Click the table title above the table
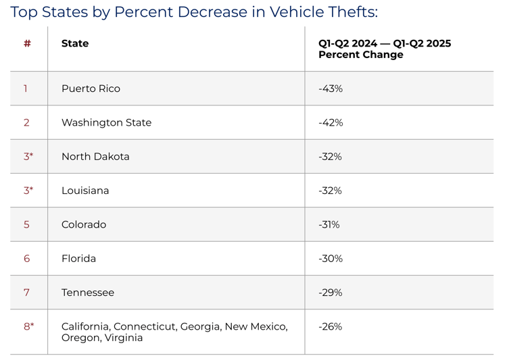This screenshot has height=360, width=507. [x=194, y=12]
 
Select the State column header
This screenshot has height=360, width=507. [x=75, y=43]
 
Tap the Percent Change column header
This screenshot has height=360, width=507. [x=384, y=49]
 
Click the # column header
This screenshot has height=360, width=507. [x=27, y=43]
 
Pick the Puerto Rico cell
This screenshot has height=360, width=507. [x=91, y=88]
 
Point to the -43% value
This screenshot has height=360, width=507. [x=331, y=88]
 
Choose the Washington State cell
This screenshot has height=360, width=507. [x=106, y=122]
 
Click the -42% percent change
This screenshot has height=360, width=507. [x=331, y=122]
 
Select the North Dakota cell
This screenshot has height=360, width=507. [x=95, y=156]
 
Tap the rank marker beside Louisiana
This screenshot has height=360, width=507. [x=28, y=190]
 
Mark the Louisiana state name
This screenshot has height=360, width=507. [x=85, y=190]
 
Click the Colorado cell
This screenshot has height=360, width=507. [x=84, y=224]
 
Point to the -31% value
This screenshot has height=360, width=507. [x=329, y=224]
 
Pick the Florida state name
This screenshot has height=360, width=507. [x=78, y=258]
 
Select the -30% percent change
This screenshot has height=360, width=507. [x=331, y=258]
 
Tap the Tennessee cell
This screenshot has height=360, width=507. [x=88, y=292]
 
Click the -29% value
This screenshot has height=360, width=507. [x=331, y=292]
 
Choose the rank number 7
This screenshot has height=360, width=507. [x=27, y=292]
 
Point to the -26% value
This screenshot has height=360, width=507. [x=331, y=326]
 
